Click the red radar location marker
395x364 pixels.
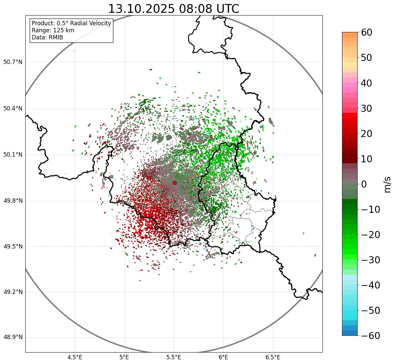(174, 183)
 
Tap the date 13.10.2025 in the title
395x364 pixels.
(141, 9)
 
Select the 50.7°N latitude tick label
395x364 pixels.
(13, 62)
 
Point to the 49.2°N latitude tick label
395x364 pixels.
(13, 292)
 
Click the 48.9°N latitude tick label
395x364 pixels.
(13, 337)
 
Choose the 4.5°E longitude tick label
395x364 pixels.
(75, 357)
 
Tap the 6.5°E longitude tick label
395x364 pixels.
(273, 357)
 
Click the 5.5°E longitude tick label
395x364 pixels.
(174, 357)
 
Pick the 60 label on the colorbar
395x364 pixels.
(367, 32)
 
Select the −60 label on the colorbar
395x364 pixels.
(370, 336)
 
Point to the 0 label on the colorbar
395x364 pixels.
(364, 184)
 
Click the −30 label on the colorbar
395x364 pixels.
(370, 260)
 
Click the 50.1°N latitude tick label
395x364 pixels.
(13, 155)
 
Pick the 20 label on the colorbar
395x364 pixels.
(367, 134)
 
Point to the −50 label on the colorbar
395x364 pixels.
(370, 310)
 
